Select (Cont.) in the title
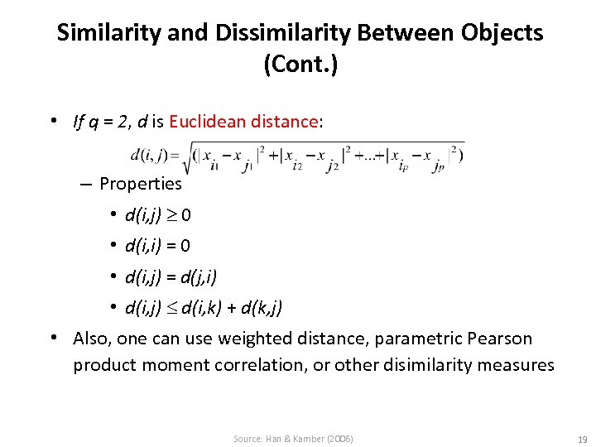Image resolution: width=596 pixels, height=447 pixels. coord(300,65)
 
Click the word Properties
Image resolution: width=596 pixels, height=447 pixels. coord(140,183)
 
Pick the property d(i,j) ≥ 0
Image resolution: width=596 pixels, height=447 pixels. coord(158,215)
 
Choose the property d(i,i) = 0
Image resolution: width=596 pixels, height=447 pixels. coord(157,246)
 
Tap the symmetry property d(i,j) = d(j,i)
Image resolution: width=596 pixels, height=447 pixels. coord(171,276)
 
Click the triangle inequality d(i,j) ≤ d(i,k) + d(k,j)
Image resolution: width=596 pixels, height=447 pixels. coord(203,308)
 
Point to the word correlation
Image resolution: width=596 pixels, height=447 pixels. coord(258,365)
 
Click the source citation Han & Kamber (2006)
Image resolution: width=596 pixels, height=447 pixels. coord(293,439)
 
